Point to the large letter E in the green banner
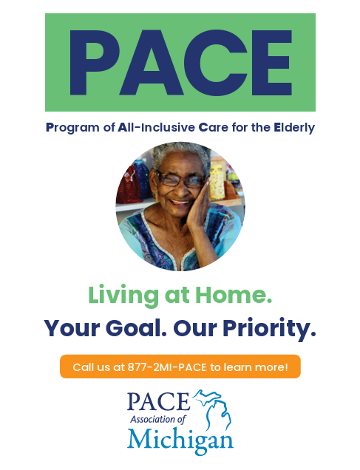pyautogui.click(x=270, y=62)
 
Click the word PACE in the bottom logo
pyautogui.click(x=160, y=401)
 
